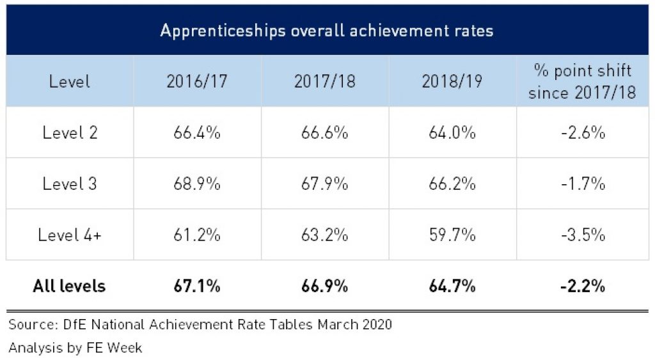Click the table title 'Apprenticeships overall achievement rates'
(326, 31)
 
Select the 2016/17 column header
(197, 82)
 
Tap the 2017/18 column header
(324, 82)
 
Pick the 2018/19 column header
(452, 82)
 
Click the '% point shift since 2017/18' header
(581, 81)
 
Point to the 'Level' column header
(70, 82)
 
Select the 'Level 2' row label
(70, 133)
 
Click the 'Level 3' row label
(70, 184)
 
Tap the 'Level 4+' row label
(70, 235)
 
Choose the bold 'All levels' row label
(69, 286)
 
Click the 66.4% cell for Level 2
(197, 133)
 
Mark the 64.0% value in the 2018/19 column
(452, 133)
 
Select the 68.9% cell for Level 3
(197, 184)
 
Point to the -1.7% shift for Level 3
(581, 184)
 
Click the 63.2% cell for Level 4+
(324, 235)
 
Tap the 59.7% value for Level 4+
(452, 235)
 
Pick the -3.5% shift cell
(581, 235)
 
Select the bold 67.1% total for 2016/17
(197, 286)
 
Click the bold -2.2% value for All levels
(581, 286)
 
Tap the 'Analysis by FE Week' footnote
(75, 348)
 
